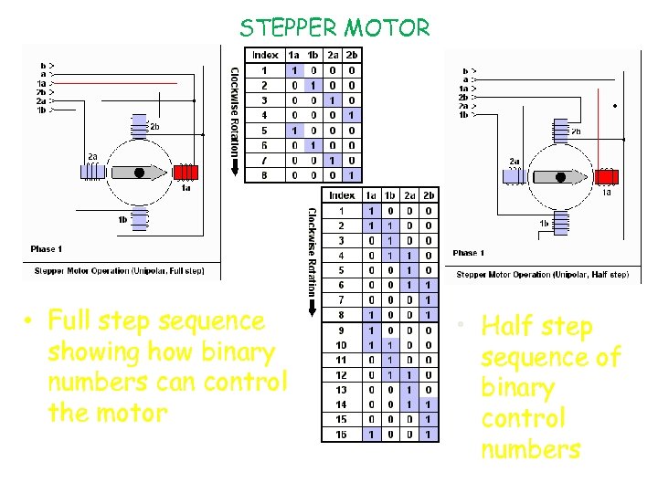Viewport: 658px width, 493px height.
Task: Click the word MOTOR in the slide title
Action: [x=387, y=27]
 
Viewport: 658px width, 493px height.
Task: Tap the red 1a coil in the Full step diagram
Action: [x=186, y=173]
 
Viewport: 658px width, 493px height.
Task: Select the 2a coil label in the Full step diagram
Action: [x=92, y=156]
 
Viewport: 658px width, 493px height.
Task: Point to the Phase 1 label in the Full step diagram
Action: [x=48, y=248]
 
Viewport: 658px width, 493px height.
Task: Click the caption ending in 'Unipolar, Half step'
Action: [x=542, y=274]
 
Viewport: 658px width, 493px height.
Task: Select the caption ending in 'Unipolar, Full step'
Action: [x=119, y=270]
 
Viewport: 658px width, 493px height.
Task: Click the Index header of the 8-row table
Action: [x=265, y=55]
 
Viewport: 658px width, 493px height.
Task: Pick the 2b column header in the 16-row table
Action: [x=429, y=195]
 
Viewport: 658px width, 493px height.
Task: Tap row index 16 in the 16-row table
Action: [x=341, y=434]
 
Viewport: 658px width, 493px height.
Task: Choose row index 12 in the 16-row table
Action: [x=341, y=375]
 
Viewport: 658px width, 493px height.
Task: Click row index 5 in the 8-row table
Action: [x=265, y=131]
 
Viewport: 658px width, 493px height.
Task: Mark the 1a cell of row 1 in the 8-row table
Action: [x=293, y=70]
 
